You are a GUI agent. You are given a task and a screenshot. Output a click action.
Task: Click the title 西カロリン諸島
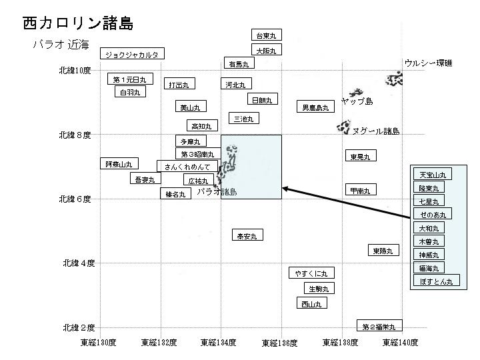point(78,23)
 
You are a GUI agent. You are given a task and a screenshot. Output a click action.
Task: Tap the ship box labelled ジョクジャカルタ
point(133,54)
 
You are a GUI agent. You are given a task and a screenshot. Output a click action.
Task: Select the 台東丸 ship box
point(266,35)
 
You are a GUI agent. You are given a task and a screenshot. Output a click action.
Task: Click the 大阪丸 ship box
point(266,50)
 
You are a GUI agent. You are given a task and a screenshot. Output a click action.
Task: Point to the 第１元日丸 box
point(130,79)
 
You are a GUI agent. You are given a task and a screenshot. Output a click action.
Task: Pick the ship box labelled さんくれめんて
point(187,166)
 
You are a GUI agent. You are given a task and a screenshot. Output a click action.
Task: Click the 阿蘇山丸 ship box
point(119,164)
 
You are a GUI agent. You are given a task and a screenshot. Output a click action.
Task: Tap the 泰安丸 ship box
point(247,235)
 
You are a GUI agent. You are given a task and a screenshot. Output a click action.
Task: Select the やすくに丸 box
point(311,273)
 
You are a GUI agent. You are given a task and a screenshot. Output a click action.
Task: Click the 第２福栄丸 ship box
point(379,327)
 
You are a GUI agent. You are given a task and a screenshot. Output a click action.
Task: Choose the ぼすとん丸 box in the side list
point(437,281)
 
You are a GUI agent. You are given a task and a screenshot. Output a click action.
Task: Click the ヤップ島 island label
point(357,101)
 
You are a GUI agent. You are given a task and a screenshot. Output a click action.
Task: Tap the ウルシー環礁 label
point(428,63)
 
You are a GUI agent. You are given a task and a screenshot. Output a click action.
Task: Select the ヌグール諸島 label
point(376,131)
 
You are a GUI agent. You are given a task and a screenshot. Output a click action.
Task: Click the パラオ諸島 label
point(217,192)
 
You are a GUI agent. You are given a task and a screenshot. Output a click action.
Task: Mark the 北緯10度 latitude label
point(75,70)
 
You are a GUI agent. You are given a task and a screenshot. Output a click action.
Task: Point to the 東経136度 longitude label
point(279,343)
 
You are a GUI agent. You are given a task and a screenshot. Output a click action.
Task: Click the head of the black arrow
point(284,189)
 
